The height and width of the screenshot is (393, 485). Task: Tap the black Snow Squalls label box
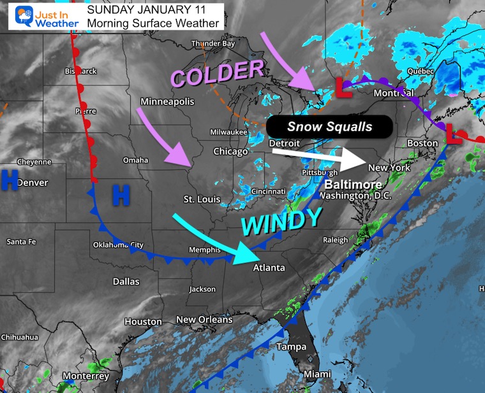329,127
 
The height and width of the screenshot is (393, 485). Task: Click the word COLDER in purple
217,74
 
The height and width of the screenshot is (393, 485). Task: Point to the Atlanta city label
269,268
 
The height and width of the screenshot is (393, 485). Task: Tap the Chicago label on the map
231,152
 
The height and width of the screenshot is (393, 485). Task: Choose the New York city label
389,168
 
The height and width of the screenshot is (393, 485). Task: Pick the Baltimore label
351,185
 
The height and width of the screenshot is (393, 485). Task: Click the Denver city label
32,183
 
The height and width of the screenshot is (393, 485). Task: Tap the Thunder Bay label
213,44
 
